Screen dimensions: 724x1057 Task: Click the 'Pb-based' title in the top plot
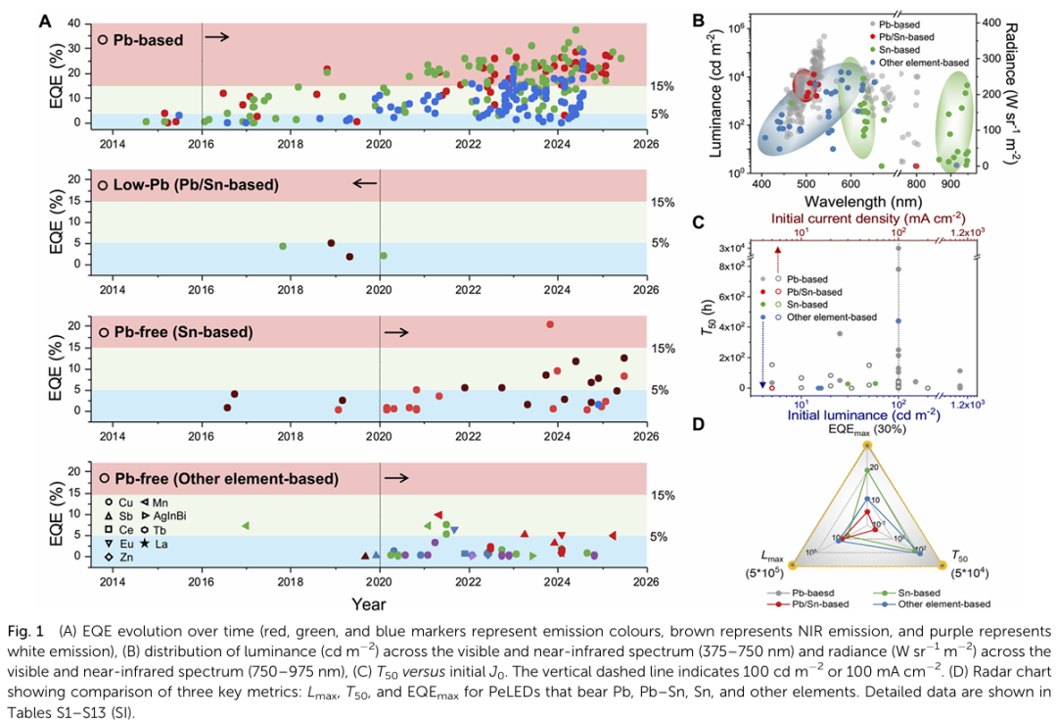point(146,40)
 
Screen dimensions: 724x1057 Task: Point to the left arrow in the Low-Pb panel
point(365,183)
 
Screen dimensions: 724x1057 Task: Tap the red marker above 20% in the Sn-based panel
point(550,324)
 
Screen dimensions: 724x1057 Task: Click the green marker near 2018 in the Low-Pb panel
point(283,246)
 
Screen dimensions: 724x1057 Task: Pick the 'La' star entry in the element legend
point(153,543)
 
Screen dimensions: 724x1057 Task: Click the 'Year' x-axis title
point(368,602)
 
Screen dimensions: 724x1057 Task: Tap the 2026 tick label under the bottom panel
point(646,578)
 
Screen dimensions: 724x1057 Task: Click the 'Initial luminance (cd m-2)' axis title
point(867,415)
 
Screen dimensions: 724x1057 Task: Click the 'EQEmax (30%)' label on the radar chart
point(867,429)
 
